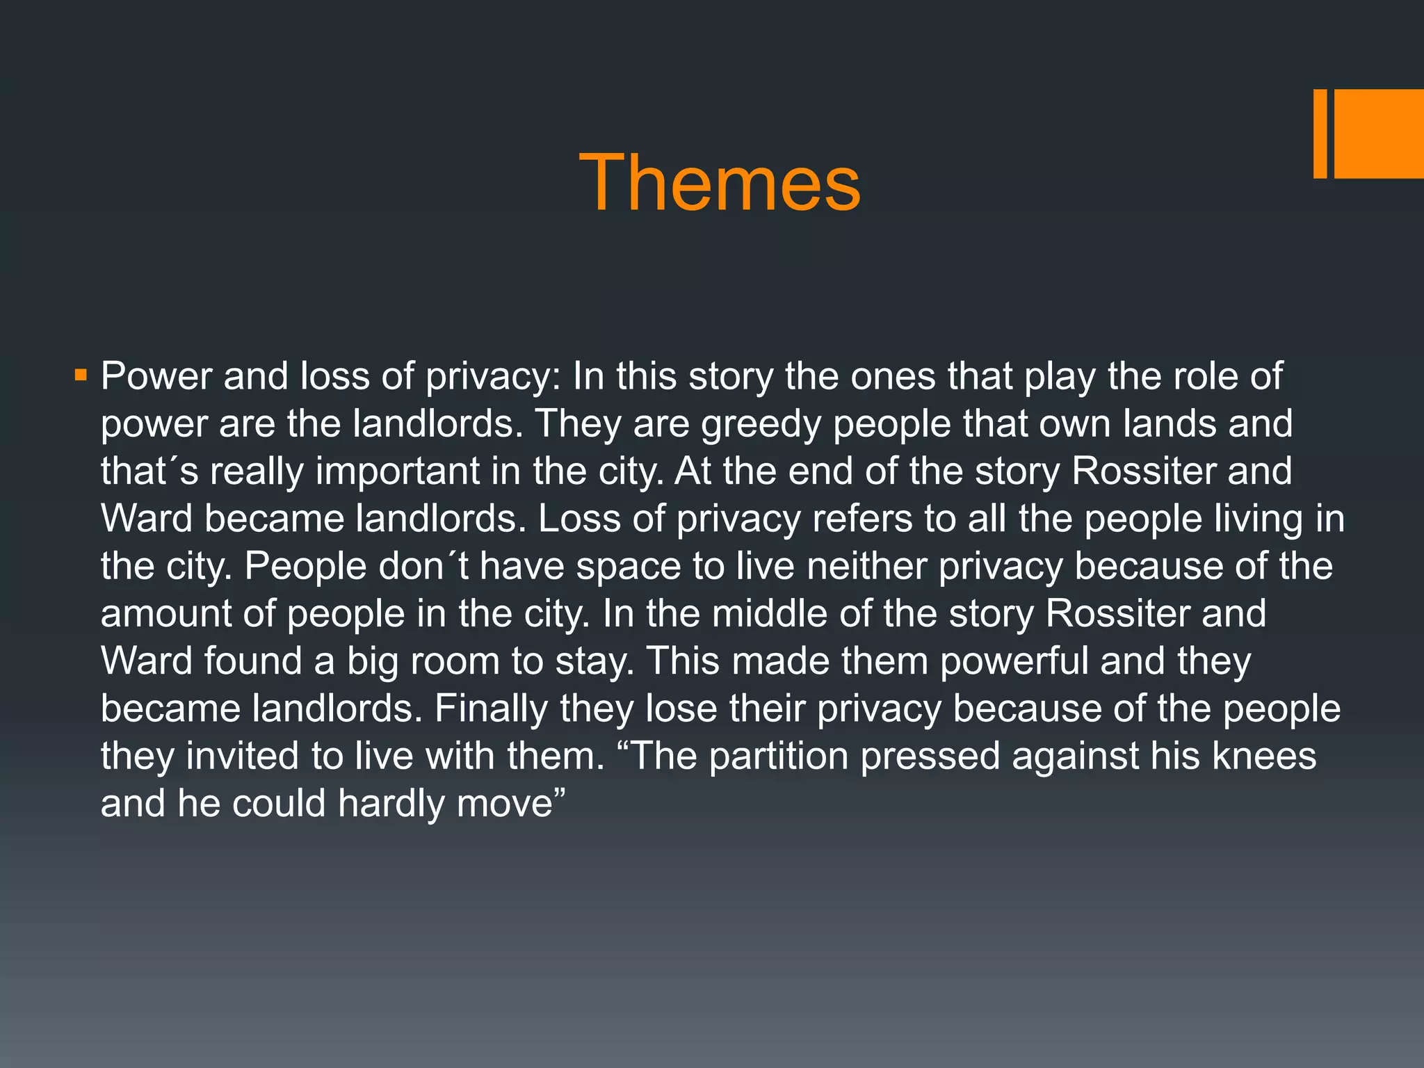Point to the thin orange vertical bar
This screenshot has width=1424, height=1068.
click(1320, 133)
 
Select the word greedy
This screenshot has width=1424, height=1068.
click(761, 425)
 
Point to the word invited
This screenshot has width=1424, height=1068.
click(242, 756)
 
